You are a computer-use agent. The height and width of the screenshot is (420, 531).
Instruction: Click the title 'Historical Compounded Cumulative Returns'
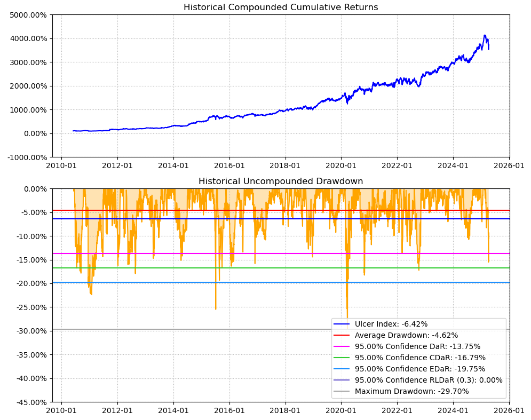[x=281, y=7]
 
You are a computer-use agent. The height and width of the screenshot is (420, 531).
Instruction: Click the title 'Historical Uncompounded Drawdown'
[x=281, y=181]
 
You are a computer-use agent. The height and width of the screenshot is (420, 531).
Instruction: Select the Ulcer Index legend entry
[x=391, y=324]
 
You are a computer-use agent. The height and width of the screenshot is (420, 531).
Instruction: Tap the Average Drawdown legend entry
[x=406, y=335]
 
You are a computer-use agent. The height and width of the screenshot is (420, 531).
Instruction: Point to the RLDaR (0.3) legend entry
[x=429, y=380]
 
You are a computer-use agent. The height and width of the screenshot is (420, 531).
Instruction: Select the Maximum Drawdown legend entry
[x=411, y=391]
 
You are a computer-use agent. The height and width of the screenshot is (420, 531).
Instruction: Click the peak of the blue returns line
[x=485, y=35]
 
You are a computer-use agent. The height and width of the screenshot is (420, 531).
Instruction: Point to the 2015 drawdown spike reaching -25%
[x=216, y=309]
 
